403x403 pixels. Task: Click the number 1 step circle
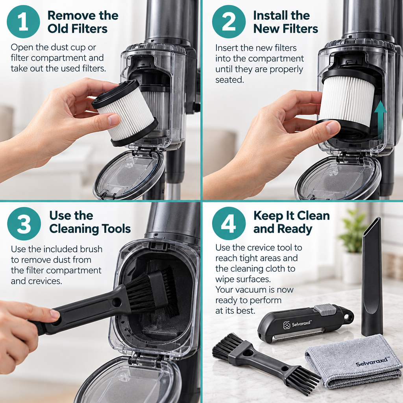[x=23, y=22]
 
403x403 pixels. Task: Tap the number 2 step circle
[x=229, y=22]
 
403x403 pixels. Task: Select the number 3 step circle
[x=24, y=224]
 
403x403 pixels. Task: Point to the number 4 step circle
[x=229, y=224]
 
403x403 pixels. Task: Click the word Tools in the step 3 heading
[x=116, y=229]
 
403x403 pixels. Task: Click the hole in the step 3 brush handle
[x=117, y=302]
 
